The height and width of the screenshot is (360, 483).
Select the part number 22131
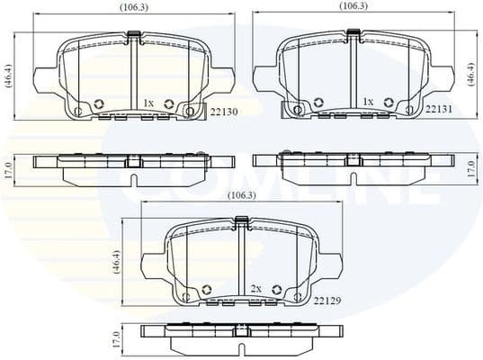[438, 109]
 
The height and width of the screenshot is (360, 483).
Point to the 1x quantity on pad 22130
[148, 104]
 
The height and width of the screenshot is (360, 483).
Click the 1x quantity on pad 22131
[367, 103]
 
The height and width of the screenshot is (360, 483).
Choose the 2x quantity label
[255, 289]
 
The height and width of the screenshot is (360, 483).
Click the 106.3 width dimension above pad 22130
[135, 7]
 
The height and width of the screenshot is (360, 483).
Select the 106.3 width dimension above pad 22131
[353, 6]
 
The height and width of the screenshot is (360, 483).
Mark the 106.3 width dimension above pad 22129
[239, 194]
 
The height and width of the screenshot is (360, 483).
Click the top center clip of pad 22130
[135, 36]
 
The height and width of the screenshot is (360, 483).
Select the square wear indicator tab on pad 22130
[190, 111]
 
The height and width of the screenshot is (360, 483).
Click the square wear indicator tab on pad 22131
[290, 109]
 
